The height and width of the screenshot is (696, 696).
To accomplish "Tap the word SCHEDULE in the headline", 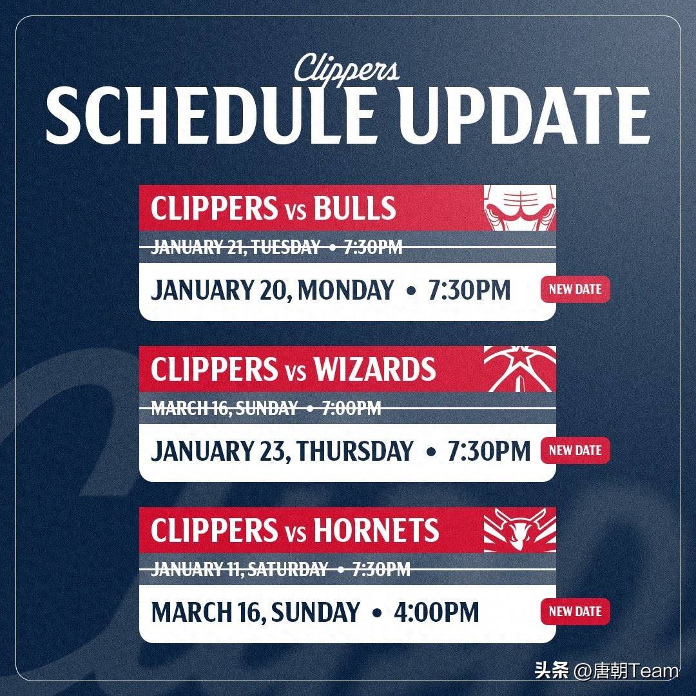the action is tap(212, 115).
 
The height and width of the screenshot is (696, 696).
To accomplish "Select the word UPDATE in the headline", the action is tap(525, 115).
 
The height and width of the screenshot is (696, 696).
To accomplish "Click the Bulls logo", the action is tap(520, 208).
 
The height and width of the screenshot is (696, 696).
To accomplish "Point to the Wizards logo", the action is tap(520, 369).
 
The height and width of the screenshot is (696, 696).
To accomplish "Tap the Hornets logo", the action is tap(520, 530).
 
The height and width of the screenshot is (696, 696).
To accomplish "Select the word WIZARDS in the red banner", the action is tap(375, 369).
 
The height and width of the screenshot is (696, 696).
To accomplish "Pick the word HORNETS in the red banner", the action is tap(376, 530).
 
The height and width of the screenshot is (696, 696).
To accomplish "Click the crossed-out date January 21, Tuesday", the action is tap(236, 247).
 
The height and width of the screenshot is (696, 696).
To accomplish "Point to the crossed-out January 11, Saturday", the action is tap(240, 569).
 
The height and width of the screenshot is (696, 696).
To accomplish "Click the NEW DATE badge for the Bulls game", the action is tap(575, 290).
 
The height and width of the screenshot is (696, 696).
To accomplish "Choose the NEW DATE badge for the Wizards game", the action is tap(575, 450).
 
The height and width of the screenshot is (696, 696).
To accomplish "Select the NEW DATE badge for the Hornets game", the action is tap(575, 612).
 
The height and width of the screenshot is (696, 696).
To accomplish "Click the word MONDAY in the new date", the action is tap(346, 290).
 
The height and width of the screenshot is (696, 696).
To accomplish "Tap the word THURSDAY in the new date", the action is tap(355, 451).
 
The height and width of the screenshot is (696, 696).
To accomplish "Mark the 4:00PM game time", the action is tap(436, 612).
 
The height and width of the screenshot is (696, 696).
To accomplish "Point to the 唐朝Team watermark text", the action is tap(635, 670).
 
